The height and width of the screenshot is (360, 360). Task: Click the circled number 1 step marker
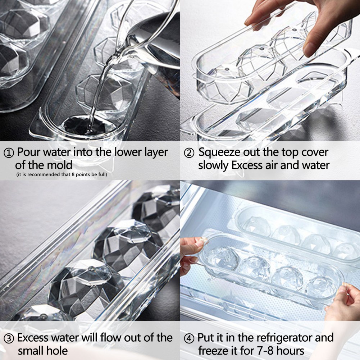click(9, 153)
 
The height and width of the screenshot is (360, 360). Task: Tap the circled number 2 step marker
click(189, 153)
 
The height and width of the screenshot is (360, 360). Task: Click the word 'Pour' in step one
click(29, 152)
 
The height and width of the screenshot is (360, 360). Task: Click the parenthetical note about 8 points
click(61, 174)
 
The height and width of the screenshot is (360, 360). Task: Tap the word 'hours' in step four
click(290, 351)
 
